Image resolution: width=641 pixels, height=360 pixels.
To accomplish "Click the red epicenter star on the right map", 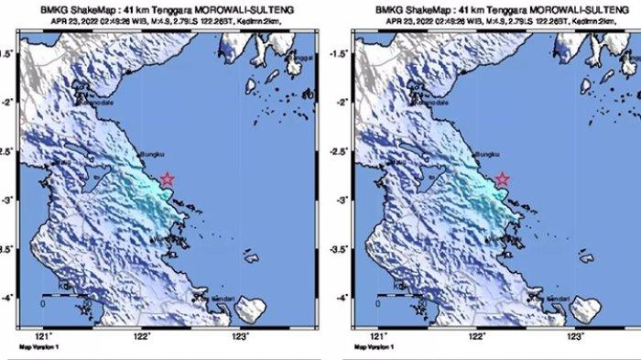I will tap(502, 180).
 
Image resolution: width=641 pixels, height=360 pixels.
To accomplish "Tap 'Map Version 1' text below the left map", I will tap(38, 348).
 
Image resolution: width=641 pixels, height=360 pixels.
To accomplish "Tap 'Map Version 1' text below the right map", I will tap(373, 348).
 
